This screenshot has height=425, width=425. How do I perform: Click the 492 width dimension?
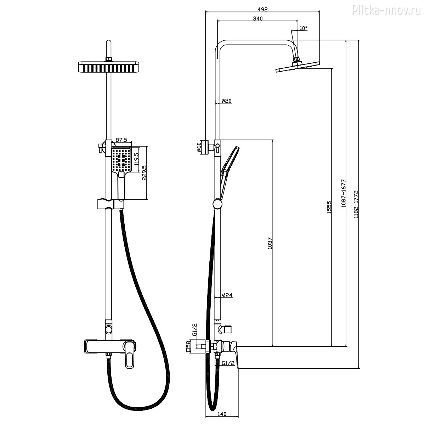[262, 9]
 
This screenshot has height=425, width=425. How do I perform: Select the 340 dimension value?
[257, 19]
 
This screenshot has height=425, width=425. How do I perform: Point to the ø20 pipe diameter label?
[226, 101]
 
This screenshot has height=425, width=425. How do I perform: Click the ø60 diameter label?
[199, 147]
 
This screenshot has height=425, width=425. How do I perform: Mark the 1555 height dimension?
[329, 207]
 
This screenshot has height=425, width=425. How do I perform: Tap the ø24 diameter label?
[227, 295]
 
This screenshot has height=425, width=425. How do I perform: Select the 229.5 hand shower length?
[144, 173]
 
